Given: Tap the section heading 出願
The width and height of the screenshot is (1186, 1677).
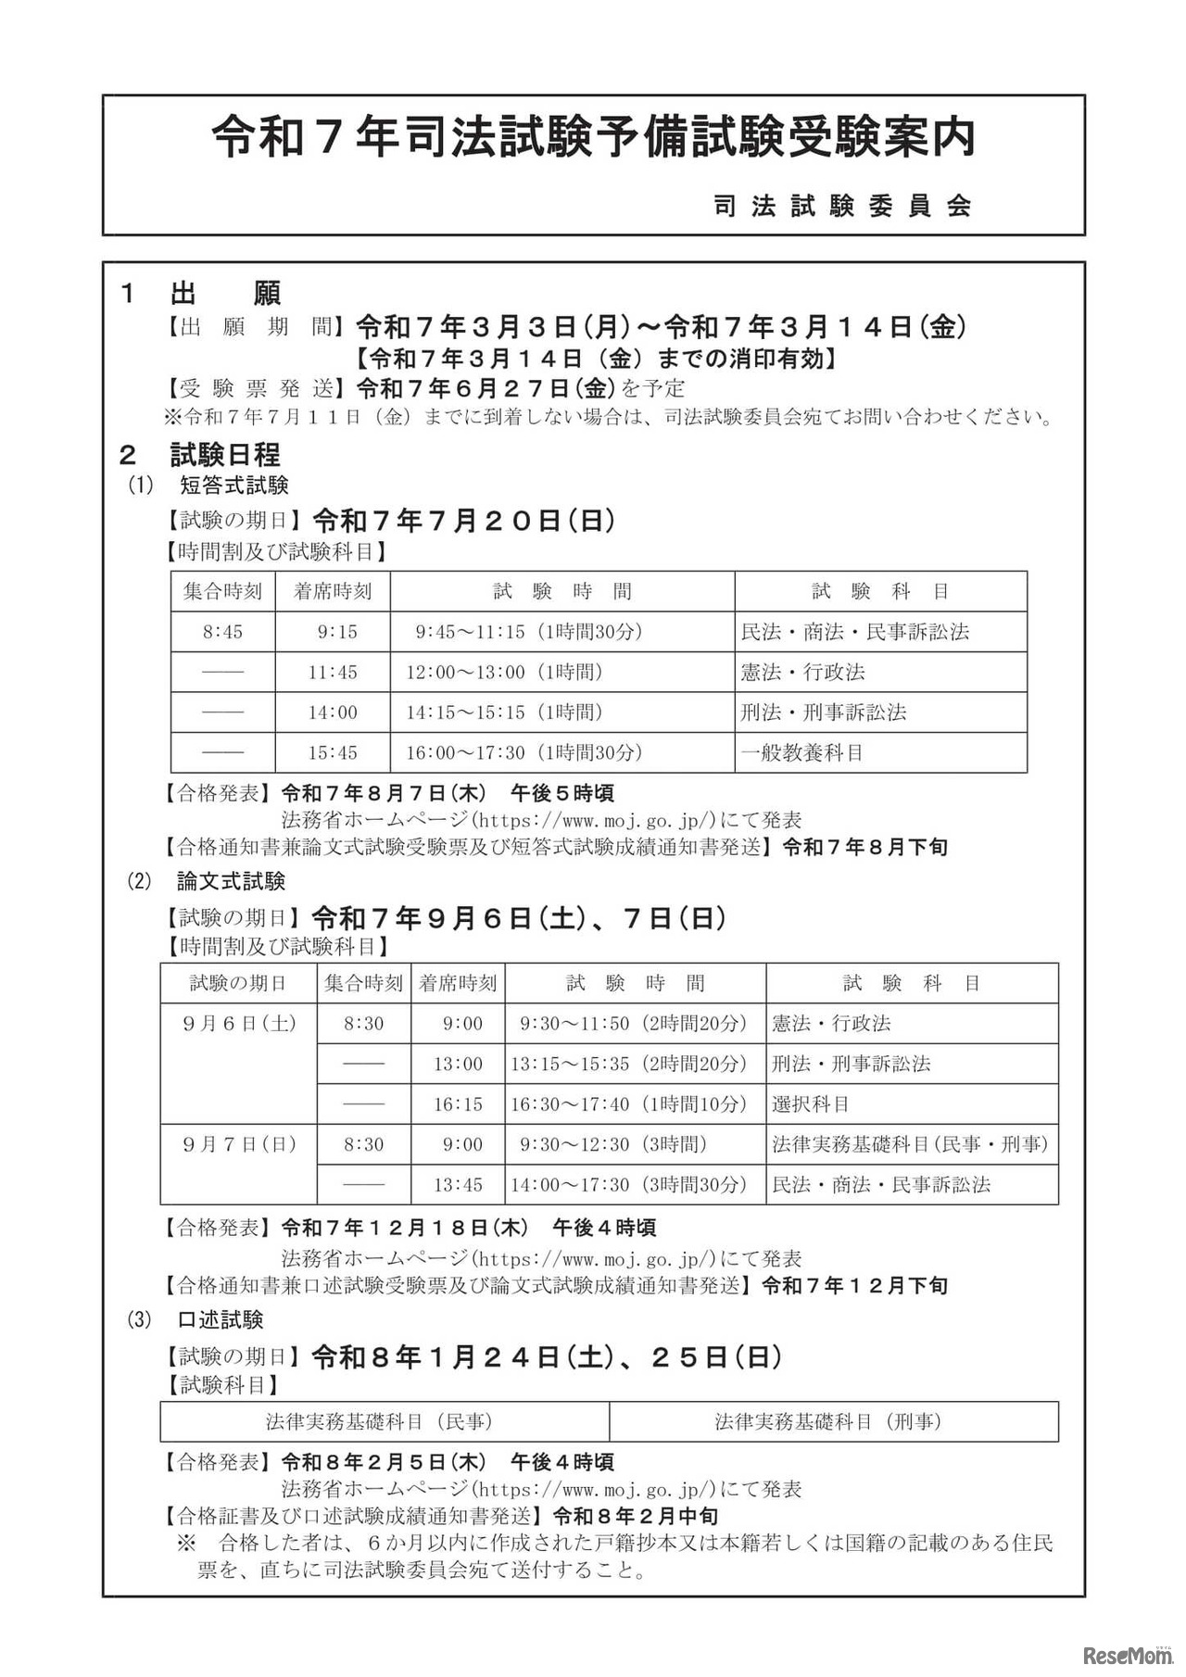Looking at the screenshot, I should pos(225,294).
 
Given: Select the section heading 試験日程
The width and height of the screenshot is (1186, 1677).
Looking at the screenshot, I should pos(225,455).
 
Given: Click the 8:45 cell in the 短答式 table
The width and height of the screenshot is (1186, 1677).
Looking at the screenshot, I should pos(222,632).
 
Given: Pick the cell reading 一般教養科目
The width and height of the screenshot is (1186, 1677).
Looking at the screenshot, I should pos(802,752).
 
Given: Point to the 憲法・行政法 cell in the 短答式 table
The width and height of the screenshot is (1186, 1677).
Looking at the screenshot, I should pos(802,672).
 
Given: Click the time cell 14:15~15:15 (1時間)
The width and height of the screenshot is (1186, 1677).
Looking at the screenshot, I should pos(504,712).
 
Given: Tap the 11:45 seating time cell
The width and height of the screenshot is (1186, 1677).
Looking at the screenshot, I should pos(333,672).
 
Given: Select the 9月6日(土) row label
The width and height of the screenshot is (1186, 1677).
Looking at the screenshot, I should pos(239,1023).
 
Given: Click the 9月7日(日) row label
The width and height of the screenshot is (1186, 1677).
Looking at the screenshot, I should pos(239,1144).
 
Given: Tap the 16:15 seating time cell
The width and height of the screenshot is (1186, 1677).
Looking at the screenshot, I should pos(459,1103).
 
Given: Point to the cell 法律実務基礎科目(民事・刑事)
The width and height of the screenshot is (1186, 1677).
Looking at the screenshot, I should pos(910,1144).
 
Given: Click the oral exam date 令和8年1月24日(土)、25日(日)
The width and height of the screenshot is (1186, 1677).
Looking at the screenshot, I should pos(546,1357).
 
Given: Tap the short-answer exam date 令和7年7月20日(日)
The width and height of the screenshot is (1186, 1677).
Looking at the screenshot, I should pos(464,521).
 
